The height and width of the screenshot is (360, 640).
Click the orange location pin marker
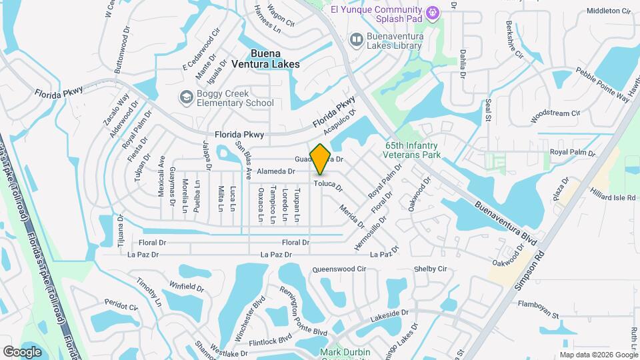[321, 159]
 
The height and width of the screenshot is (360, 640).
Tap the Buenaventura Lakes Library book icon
[357, 41]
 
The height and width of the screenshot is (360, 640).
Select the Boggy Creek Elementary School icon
[187, 98]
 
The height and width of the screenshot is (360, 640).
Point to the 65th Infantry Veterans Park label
[413, 150]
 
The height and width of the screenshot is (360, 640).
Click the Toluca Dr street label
[328, 185]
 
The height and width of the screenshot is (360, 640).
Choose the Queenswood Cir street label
[339, 269]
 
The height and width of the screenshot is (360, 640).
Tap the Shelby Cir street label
[430, 269]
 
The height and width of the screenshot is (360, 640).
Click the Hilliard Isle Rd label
[613, 195]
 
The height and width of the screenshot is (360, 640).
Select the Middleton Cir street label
[609, 11]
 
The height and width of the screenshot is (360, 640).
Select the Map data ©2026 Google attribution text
[599, 355]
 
